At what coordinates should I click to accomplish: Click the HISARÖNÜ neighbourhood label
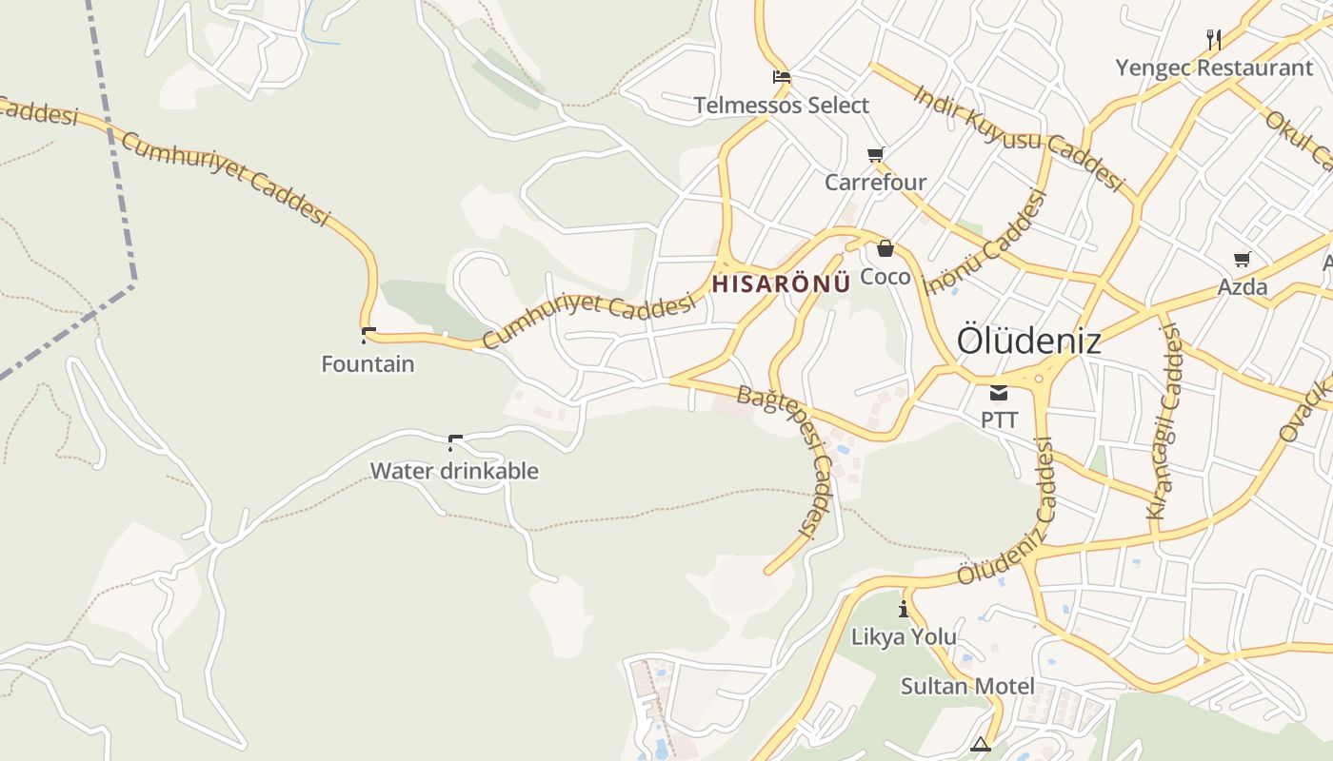click(781, 283)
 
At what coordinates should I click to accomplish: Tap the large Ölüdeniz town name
click(1028, 341)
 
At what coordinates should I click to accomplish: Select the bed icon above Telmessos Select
click(782, 77)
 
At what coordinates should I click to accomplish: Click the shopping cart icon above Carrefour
click(875, 154)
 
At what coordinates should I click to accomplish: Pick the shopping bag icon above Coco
click(885, 248)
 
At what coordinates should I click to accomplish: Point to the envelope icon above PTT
click(999, 392)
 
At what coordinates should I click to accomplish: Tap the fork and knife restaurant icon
click(1214, 39)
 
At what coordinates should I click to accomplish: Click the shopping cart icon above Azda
click(1243, 259)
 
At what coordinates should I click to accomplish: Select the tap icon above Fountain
click(368, 335)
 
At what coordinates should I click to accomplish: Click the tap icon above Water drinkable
click(454, 442)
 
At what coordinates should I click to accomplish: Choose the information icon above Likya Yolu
click(904, 609)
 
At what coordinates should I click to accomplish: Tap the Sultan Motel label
click(967, 686)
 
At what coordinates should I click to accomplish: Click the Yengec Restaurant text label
click(1214, 68)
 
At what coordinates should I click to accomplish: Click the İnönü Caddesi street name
click(986, 244)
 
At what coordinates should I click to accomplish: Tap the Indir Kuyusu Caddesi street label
click(1019, 136)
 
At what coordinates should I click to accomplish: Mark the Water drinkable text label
click(454, 471)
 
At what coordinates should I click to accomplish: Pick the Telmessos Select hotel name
click(782, 106)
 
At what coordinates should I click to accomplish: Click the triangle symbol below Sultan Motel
click(981, 744)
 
